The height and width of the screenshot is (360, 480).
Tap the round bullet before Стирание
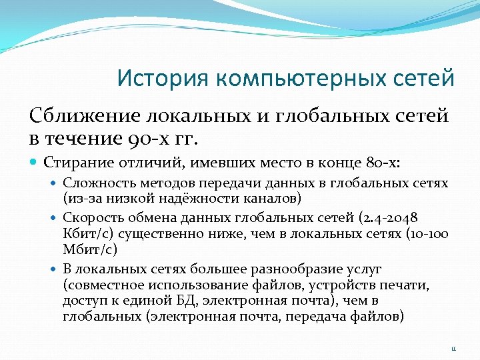(34, 162)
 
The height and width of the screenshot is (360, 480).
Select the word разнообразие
(287, 269)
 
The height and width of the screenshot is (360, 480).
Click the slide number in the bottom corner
(452, 346)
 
